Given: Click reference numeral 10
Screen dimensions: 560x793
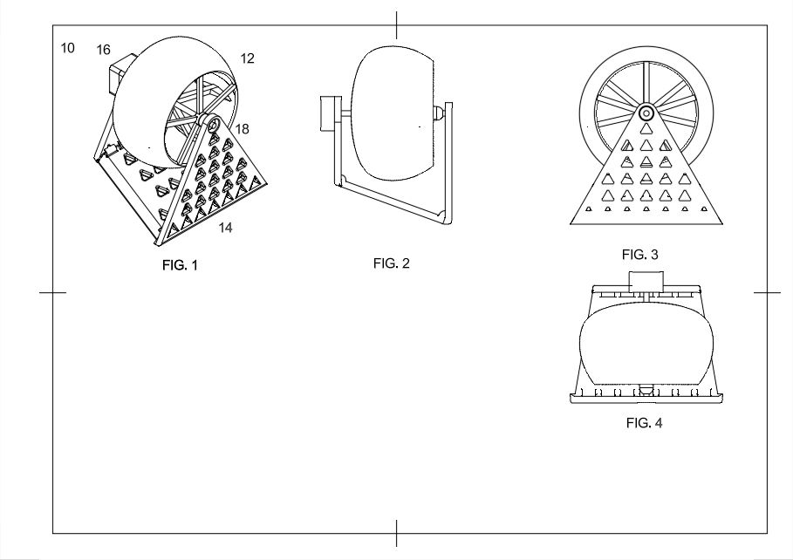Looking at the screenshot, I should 68,47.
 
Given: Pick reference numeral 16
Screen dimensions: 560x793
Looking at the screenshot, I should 103,51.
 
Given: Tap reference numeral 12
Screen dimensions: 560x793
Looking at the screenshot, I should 247,58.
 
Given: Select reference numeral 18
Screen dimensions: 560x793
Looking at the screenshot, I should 242,129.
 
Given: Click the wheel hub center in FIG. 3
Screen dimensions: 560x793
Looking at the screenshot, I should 646,113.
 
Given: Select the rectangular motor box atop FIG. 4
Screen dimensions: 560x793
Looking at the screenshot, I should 646,281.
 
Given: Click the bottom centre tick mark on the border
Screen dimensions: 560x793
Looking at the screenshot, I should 397,532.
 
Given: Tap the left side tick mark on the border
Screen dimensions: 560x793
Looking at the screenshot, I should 53,293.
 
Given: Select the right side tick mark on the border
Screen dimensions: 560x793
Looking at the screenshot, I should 767,293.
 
